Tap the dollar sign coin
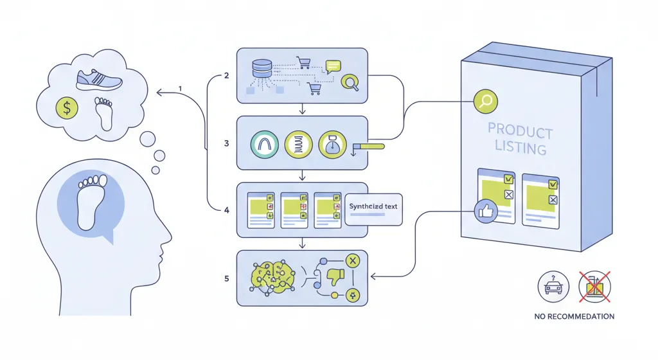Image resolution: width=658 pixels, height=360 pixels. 67,108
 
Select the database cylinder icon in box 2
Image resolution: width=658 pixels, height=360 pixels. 262,67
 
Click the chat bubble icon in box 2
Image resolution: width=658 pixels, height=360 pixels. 333,65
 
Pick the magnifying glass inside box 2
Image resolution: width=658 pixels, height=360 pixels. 350,82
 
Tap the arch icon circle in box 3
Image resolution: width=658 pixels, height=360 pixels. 264,143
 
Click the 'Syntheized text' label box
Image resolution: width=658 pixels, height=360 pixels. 373,208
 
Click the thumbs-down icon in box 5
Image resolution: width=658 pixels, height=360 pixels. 335,277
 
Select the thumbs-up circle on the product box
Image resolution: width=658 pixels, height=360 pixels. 485,212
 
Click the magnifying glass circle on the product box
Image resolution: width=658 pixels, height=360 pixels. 486,101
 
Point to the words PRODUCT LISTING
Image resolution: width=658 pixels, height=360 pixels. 520,140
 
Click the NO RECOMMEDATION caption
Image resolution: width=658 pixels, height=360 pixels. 574,316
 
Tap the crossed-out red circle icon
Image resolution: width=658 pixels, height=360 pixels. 594,287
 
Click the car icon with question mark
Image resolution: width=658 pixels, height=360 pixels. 553,287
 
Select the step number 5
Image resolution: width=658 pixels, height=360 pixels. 226,278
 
